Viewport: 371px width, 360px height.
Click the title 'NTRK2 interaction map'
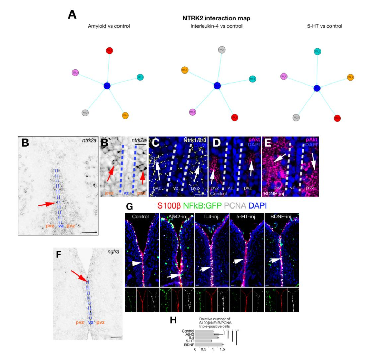point(216,18)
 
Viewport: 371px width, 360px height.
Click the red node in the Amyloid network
point(110,51)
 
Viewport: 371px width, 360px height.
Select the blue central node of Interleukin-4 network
point(217,86)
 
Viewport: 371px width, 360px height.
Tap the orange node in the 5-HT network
point(350,77)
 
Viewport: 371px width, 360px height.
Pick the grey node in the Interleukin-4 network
point(222,50)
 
